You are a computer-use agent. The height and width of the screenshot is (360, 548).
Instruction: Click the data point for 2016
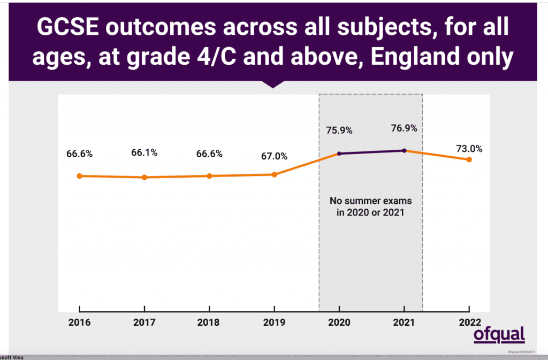(x=79, y=175)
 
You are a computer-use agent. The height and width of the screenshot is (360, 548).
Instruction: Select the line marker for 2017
(x=144, y=177)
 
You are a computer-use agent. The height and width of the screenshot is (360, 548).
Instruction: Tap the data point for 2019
(x=274, y=174)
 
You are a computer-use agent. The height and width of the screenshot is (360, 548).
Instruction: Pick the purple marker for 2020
(x=339, y=154)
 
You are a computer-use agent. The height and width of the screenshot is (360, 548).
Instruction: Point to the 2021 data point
(x=404, y=150)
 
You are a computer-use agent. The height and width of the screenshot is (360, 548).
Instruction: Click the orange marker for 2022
(x=469, y=159)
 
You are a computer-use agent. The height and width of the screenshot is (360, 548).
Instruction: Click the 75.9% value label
(x=339, y=130)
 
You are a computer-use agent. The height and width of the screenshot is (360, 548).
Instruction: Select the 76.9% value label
(x=404, y=128)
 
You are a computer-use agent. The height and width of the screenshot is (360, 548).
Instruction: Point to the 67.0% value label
(x=274, y=156)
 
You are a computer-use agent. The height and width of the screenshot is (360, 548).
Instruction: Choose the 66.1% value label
(x=144, y=152)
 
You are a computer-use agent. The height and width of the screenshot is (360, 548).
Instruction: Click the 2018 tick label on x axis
(x=209, y=323)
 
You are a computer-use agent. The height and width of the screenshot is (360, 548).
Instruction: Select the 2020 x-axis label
(x=339, y=323)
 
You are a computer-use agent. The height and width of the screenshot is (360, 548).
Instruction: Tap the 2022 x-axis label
(x=469, y=323)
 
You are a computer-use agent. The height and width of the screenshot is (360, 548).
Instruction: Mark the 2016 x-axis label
(x=79, y=323)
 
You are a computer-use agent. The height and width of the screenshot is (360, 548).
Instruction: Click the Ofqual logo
(x=499, y=335)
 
